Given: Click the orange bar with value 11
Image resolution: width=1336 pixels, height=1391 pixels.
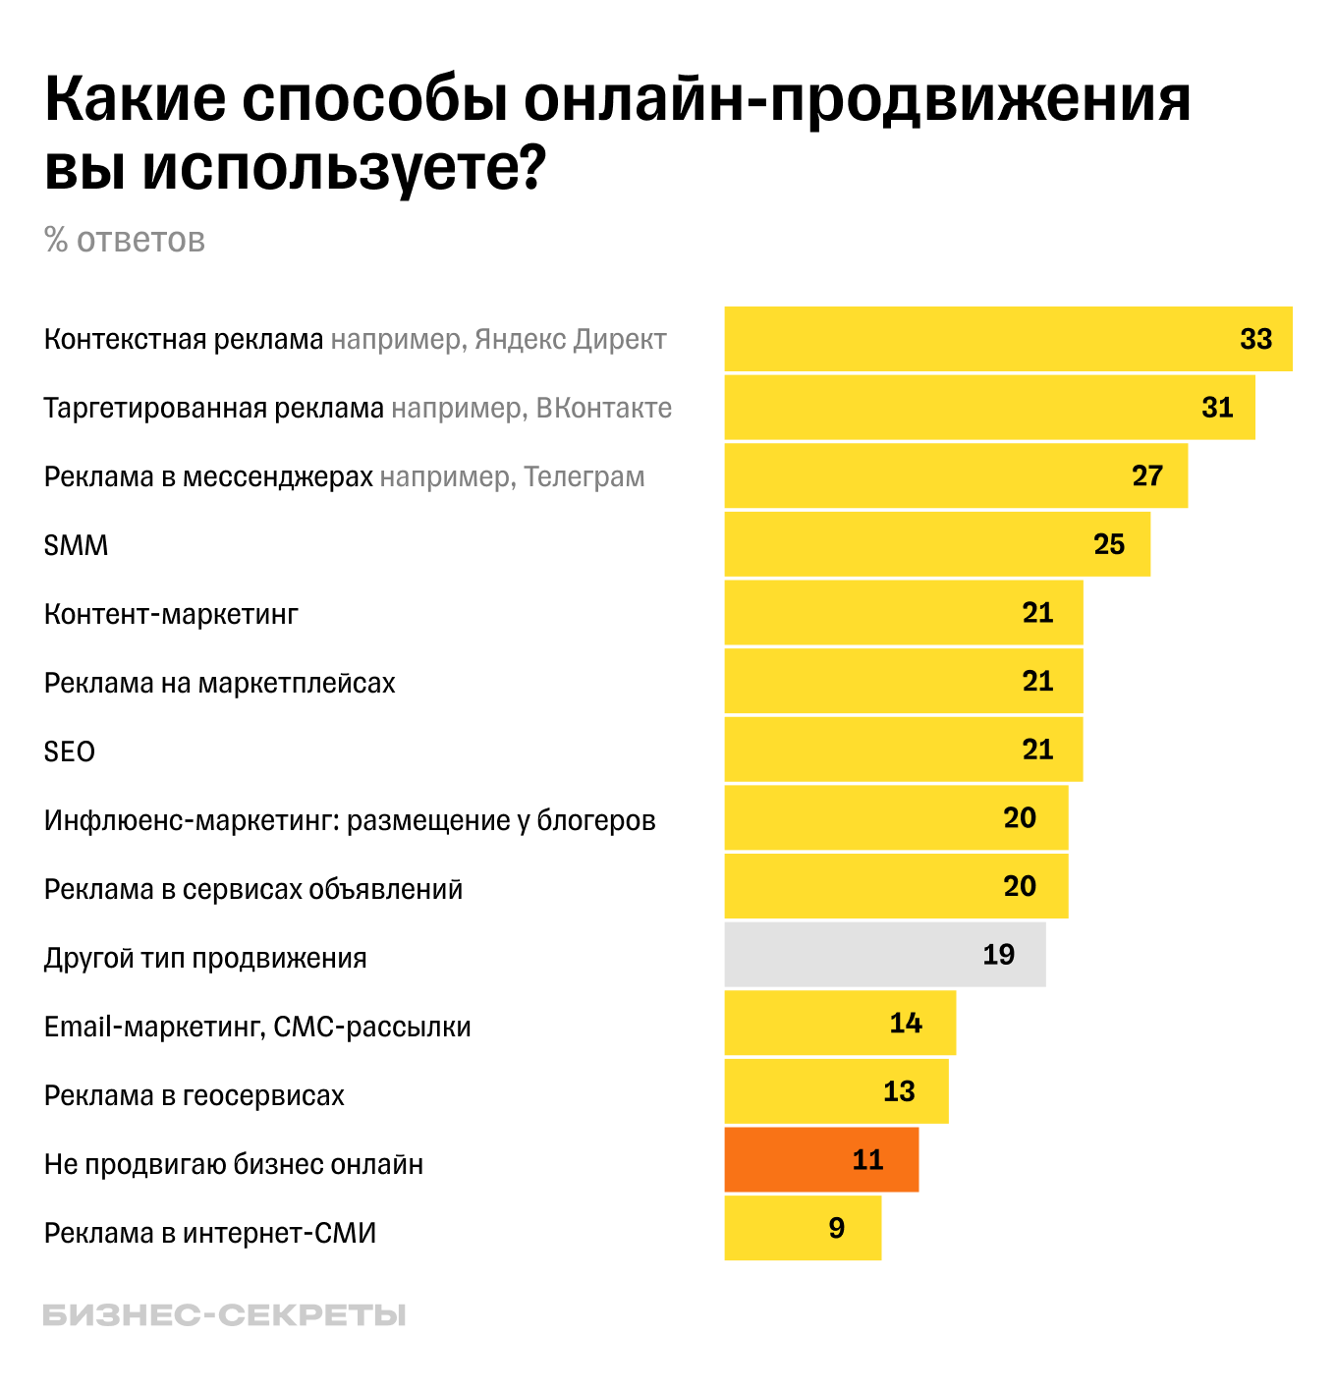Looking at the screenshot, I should [x=821, y=1159].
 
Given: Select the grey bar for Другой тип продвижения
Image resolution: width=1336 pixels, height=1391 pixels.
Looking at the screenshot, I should [x=884, y=954].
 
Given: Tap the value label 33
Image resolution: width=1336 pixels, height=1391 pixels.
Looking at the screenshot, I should [x=1255, y=339].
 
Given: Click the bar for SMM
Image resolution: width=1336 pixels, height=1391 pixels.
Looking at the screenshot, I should [x=936, y=544].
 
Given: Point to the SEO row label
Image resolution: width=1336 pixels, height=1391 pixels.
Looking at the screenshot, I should [x=70, y=751].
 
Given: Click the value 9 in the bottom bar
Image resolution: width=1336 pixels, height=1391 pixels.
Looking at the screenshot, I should [x=836, y=1228].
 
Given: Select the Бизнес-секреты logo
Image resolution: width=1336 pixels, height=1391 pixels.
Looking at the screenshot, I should [x=224, y=1315].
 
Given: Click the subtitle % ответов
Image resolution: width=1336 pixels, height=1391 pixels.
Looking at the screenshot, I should [x=125, y=240].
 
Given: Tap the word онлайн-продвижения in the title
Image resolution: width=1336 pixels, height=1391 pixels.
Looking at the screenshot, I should [x=857, y=98].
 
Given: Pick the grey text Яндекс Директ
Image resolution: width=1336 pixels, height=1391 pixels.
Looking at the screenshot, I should [x=570, y=339].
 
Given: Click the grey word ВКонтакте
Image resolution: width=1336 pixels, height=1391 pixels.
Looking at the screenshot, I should [x=604, y=408].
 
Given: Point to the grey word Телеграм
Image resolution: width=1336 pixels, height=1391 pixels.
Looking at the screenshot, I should [x=584, y=476].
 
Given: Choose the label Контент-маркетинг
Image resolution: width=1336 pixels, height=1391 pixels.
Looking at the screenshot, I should [x=171, y=614].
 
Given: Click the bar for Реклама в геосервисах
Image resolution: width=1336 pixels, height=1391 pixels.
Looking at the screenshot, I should [x=836, y=1090].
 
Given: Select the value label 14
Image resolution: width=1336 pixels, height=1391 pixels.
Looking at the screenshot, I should [x=905, y=1023].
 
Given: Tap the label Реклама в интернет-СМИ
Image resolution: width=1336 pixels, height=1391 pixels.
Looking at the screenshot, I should [x=210, y=1233].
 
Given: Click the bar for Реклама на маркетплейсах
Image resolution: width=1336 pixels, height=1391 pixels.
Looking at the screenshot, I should [x=903, y=681].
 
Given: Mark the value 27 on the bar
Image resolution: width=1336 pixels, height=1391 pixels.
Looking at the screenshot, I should [x=1146, y=475].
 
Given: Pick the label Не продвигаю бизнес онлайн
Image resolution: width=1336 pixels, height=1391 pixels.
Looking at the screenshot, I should [x=234, y=1164].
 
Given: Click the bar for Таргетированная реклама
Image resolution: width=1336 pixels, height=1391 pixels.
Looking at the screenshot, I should [x=989, y=407].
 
